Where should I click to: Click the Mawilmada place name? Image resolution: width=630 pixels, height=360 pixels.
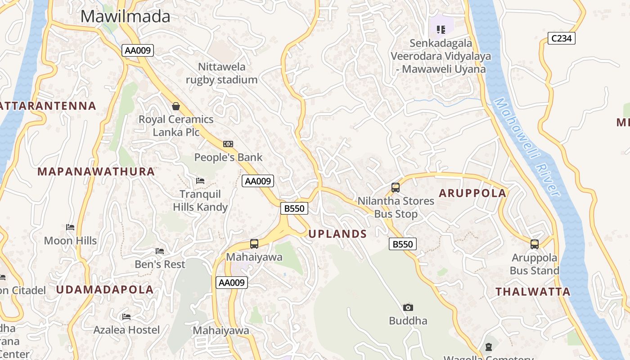pyautogui.click(x=126, y=17)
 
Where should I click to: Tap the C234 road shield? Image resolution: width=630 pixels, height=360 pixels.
pyautogui.click(x=562, y=38)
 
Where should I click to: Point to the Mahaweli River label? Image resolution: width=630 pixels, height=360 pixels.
pyautogui.click(x=527, y=148)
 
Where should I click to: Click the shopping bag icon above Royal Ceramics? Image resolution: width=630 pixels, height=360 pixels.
pyautogui.click(x=176, y=106)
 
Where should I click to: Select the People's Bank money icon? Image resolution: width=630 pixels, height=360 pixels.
pyautogui.click(x=228, y=144)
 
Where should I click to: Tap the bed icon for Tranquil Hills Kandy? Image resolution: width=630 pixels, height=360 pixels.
pyautogui.click(x=200, y=180)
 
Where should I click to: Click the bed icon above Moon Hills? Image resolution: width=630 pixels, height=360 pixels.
pyautogui.click(x=70, y=227)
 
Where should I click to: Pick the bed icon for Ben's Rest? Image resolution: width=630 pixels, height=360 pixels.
pyautogui.click(x=160, y=251)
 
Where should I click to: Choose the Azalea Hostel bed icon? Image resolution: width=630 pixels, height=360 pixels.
pyautogui.click(x=126, y=317)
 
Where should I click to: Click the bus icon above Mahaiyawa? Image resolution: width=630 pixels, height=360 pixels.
pyautogui.click(x=254, y=244)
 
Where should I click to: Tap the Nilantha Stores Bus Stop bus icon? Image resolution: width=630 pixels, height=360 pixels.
pyautogui.click(x=396, y=188)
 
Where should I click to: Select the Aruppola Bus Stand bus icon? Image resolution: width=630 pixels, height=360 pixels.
pyautogui.click(x=535, y=244)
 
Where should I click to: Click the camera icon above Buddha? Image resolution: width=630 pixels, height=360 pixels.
pyautogui.click(x=408, y=307)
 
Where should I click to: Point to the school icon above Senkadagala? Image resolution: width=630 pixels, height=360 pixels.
pyautogui.click(x=441, y=30)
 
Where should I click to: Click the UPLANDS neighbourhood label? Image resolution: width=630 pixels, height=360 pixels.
pyautogui.click(x=337, y=234)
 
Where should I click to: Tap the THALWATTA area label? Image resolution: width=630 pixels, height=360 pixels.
pyautogui.click(x=533, y=292)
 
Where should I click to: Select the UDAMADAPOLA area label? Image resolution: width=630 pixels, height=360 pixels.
pyautogui.click(x=105, y=290)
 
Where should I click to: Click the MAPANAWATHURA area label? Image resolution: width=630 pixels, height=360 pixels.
pyautogui.click(x=96, y=171)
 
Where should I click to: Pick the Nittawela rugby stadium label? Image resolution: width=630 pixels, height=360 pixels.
pyautogui.click(x=222, y=73)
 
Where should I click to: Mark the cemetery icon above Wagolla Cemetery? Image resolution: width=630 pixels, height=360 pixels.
pyautogui.click(x=489, y=347)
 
